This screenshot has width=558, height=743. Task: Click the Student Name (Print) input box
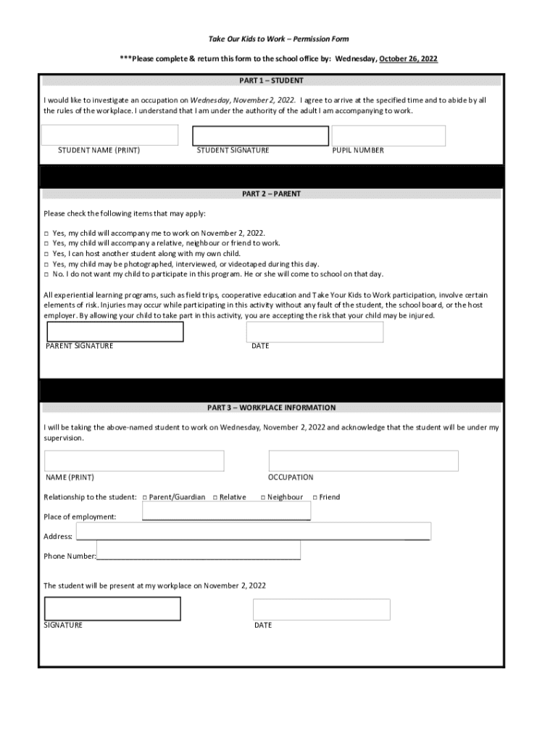[x=109, y=135]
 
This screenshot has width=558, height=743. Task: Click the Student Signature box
[x=259, y=136]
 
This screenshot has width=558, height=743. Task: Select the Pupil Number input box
[x=388, y=136]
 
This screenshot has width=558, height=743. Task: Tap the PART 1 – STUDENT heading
[x=272, y=81]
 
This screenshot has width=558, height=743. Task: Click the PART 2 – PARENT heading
[x=272, y=194]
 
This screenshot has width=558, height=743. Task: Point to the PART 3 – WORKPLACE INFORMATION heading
[x=272, y=408]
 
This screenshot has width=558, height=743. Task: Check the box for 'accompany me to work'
[x=46, y=234]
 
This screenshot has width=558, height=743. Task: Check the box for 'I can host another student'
[x=46, y=254]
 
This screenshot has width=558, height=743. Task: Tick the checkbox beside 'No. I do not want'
[x=46, y=274]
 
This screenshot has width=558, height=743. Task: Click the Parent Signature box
[x=115, y=332]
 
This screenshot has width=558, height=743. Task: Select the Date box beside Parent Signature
[x=315, y=332]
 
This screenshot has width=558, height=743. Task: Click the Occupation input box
[x=363, y=461]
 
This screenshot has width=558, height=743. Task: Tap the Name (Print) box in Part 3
[x=134, y=461]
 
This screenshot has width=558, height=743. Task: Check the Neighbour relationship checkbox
[x=264, y=497]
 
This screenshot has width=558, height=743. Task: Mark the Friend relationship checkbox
[x=315, y=497]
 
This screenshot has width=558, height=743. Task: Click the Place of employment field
[x=227, y=511]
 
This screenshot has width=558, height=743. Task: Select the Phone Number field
[x=198, y=550]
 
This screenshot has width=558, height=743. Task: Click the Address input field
[x=253, y=531]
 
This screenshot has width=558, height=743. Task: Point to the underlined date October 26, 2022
[x=408, y=59]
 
